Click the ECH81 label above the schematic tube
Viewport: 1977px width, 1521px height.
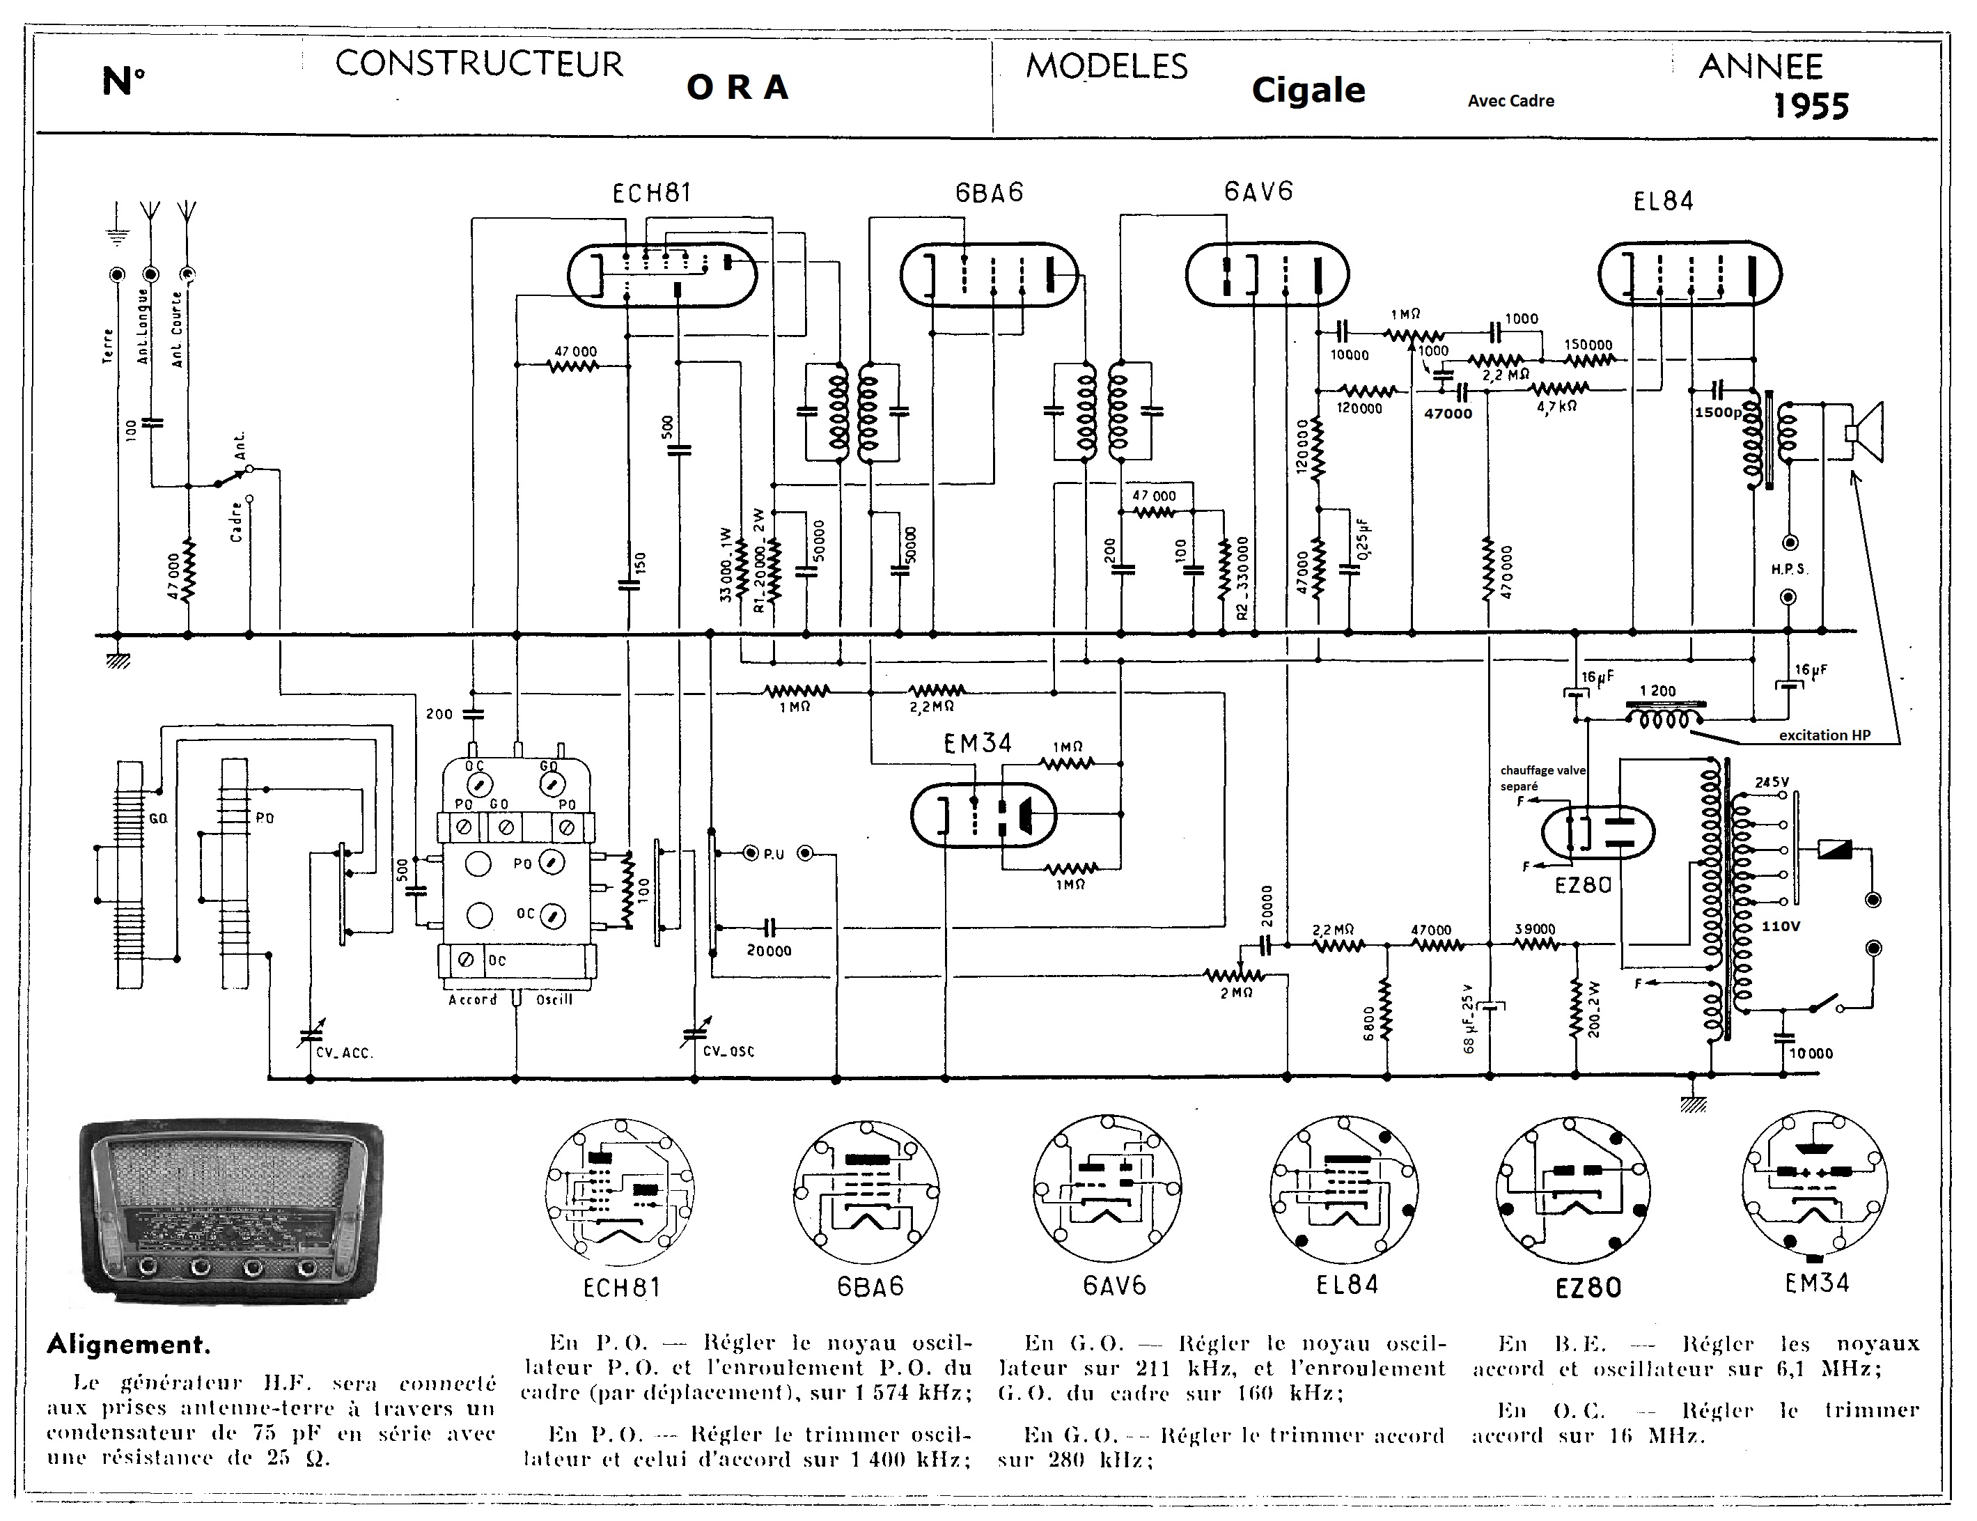(x=651, y=193)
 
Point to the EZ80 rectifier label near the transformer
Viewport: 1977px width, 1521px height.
(x=1584, y=884)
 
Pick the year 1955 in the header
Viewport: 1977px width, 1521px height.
(x=1811, y=107)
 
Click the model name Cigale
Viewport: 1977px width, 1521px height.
(x=1308, y=90)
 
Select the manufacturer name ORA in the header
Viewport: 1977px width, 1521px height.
(x=737, y=88)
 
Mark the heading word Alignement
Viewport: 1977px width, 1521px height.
(x=129, y=1344)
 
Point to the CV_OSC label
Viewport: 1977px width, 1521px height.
(x=728, y=1051)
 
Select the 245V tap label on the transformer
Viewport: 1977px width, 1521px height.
(x=1772, y=782)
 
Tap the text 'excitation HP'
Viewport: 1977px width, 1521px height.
(x=1824, y=735)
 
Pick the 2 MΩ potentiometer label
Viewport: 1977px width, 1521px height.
(x=1237, y=992)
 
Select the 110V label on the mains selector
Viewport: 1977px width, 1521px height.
(x=1781, y=926)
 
